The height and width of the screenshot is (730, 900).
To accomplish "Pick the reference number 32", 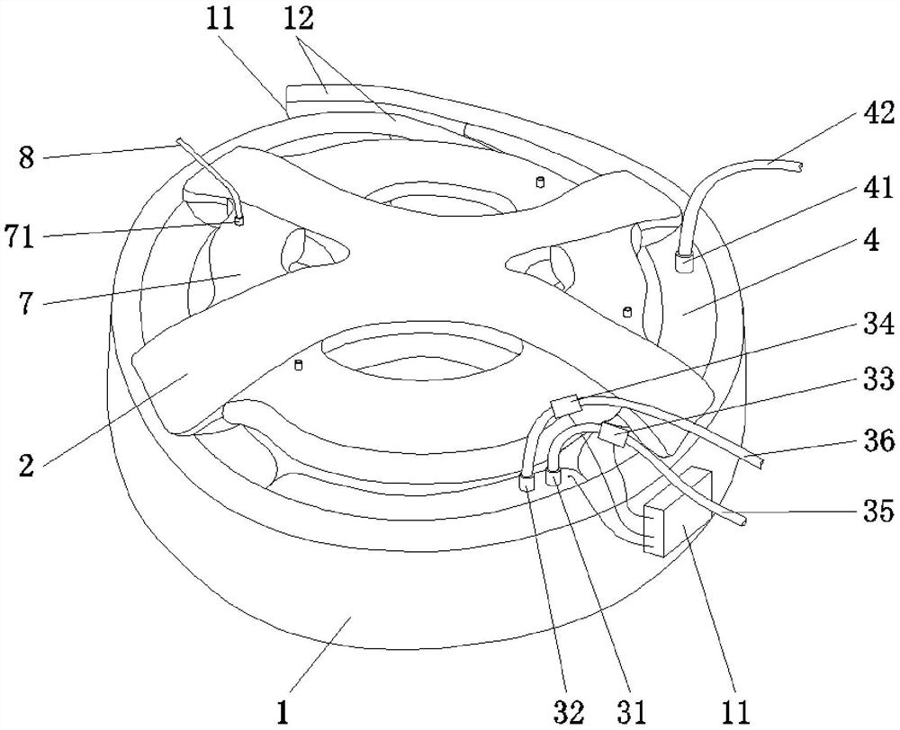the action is (x=569, y=712).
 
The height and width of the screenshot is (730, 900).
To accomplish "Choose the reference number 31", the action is (x=630, y=712).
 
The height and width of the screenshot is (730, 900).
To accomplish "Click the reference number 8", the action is (x=26, y=157).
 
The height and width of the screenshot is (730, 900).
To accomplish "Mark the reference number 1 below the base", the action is (x=281, y=712).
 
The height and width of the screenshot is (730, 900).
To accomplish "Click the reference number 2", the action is (x=26, y=465).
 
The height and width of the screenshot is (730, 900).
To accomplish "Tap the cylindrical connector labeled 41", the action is (x=684, y=263).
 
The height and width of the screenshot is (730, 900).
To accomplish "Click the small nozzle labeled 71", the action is (x=239, y=220).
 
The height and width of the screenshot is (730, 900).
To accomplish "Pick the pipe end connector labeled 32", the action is (x=526, y=483).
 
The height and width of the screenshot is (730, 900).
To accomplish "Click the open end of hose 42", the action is (x=797, y=167).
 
